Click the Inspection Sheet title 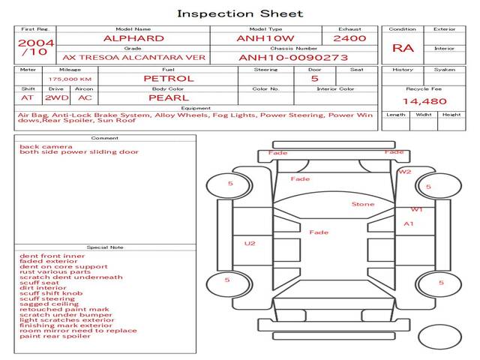[240, 13]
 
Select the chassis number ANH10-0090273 [293, 56]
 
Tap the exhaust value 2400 [349, 38]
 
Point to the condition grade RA [403, 48]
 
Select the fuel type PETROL [168, 78]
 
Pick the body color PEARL [168, 97]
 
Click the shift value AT [27, 97]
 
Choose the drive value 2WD [54, 97]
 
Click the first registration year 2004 [35, 43]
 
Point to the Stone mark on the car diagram [362, 204]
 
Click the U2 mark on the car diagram [250, 243]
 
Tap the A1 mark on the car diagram [409, 223]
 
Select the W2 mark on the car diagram [405, 172]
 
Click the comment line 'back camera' [46, 146]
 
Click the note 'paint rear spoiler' [55, 335]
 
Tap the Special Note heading [104, 247]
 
